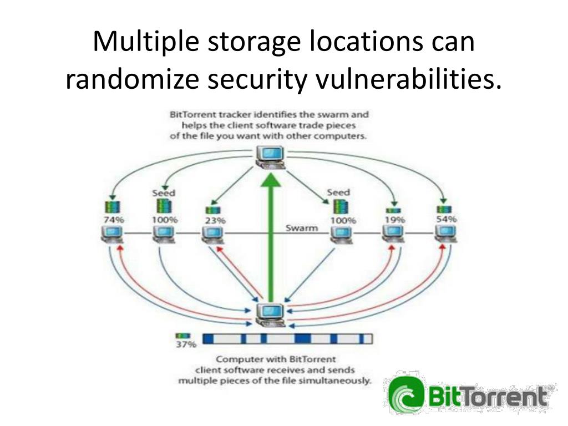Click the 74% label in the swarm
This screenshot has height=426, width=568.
click(114, 219)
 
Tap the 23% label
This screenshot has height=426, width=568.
click(215, 220)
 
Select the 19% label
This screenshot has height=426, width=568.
click(394, 220)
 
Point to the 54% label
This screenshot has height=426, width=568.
click(446, 219)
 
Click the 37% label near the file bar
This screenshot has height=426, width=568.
click(186, 345)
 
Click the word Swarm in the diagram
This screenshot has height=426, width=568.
click(302, 228)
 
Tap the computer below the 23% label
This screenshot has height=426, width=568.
click(212, 235)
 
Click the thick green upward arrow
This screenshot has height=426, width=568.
click(271, 239)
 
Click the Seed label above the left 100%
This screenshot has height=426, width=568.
click(164, 193)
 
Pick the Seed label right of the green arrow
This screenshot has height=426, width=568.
click(338, 192)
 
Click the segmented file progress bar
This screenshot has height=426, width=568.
click(287, 338)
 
